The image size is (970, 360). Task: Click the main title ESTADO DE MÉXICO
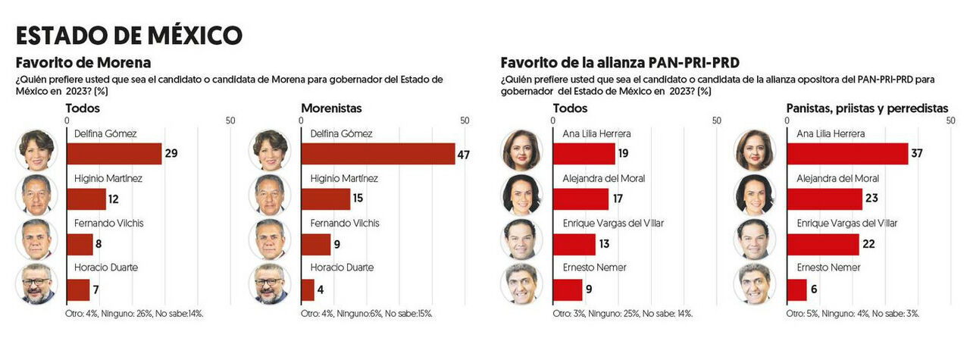click(129, 35)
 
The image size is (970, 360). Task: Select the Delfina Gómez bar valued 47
click(377, 154)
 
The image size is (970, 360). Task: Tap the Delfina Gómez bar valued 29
click(114, 154)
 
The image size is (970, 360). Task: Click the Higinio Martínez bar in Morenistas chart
click(325, 199)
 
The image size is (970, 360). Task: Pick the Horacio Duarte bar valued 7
click(78, 290)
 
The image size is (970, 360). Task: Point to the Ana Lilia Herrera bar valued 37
click(847, 154)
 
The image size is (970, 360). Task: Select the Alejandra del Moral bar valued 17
click(580, 199)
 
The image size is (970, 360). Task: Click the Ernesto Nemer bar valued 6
click(796, 290)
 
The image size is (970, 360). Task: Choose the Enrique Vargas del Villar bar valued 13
click(574, 244)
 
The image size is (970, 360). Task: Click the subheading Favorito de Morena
click(83, 62)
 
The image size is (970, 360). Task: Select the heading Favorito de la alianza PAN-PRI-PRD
click(619, 62)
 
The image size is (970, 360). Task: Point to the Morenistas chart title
click(331, 108)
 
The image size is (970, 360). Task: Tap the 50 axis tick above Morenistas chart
click(465, 121)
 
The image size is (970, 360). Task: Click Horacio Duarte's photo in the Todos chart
click(36, 284)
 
